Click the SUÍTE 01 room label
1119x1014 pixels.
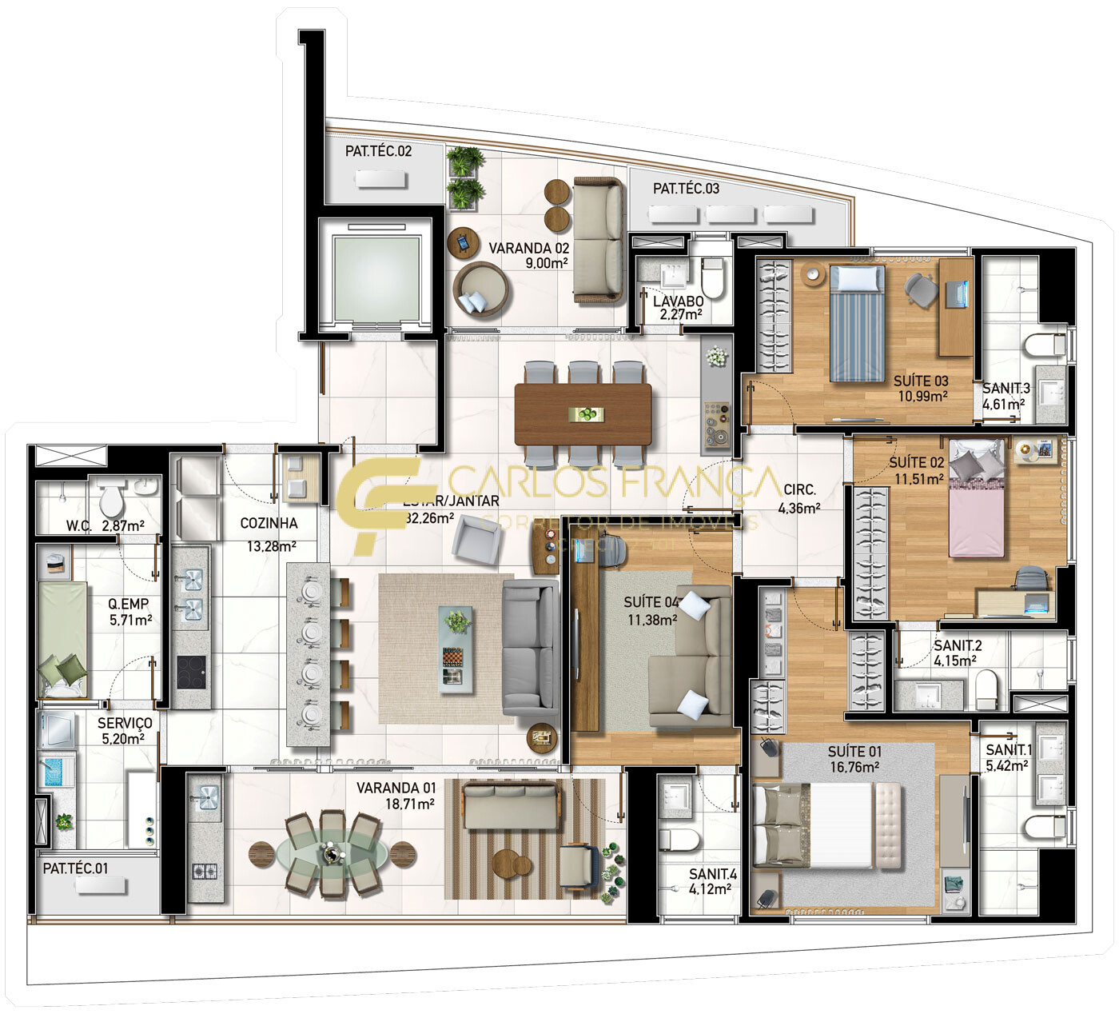(x=854, y=751)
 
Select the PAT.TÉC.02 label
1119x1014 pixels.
(x=378, y=151)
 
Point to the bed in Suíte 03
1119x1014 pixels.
(x=857, y=323)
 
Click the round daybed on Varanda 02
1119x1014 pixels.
(x=481, y=292)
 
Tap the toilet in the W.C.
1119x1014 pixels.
(x=111, y=499)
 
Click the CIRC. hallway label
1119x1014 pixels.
(x=799, y=489)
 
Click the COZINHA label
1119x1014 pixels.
(x=269, y=523)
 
